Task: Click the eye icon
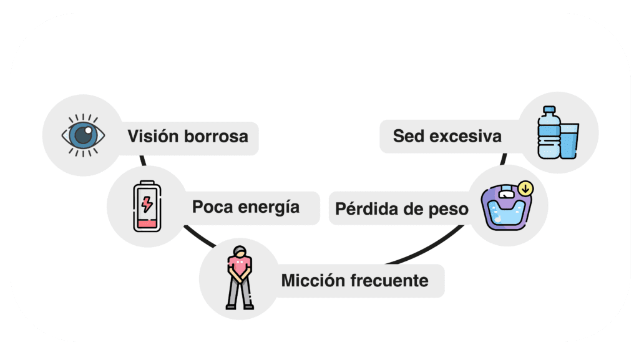tap(83, 135)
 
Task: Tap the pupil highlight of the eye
tap(88, 130)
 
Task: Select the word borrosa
tap(216, 137)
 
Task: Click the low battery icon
tap(147, 207)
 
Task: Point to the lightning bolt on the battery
tap(147, 204)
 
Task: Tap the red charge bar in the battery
tap(147, 223)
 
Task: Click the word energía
tap(268, 208)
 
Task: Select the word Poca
tap(212, 207)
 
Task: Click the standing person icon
tap(240, 278)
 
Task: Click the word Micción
tap(313, 281)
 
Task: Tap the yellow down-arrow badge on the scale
tap(525, 188)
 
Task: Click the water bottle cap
tap(549, 110)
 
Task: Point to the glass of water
tap(569, 141)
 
